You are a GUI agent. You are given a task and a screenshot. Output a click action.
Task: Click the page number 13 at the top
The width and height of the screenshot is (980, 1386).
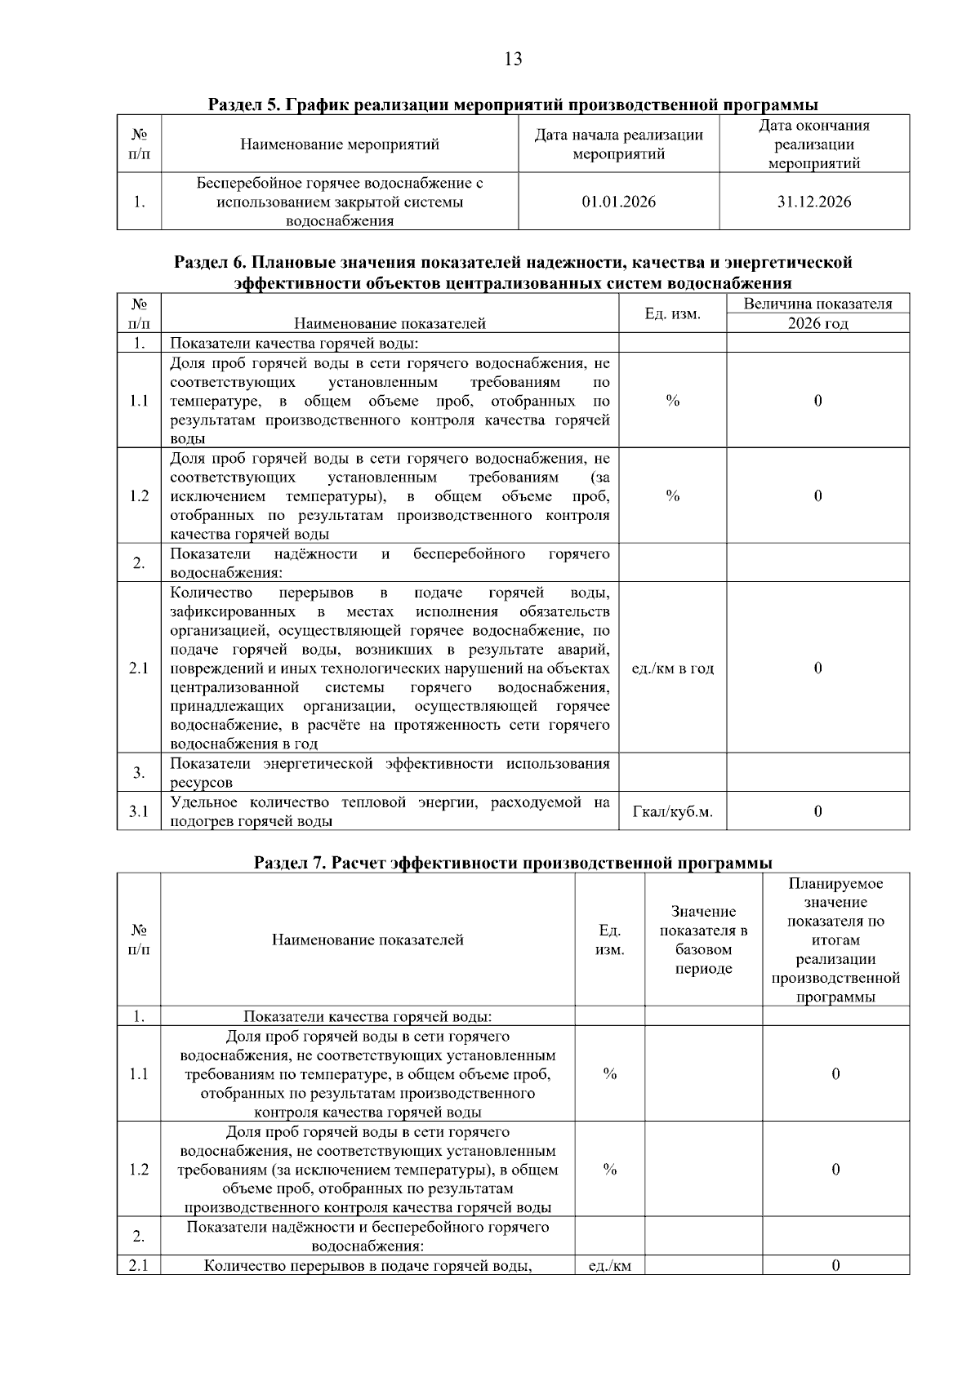[514, 59]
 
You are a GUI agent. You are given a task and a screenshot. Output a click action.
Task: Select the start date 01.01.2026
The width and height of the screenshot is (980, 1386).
[618, 202]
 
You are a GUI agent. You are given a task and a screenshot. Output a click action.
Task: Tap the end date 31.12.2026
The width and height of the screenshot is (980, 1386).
[813, 202]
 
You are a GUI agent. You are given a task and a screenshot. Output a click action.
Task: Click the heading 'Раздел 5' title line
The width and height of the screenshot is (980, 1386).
[513, 104]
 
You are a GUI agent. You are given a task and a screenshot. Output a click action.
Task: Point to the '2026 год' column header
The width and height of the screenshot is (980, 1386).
[817, 323]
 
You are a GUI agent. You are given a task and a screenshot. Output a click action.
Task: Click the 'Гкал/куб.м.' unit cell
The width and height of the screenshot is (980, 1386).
[672, 811]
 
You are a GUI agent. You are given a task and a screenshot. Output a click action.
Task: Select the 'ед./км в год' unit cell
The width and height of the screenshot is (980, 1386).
[672, 668]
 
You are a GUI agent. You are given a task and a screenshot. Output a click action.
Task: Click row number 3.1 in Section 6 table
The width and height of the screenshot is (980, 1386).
[139, 811]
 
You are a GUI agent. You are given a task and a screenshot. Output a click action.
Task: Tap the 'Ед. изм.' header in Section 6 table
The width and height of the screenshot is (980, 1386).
[672, 313]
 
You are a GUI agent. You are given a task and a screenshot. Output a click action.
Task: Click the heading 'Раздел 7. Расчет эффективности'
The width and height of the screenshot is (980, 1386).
[513, 863]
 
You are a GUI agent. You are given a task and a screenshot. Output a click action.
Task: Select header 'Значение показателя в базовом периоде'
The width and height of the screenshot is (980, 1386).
[703, 940]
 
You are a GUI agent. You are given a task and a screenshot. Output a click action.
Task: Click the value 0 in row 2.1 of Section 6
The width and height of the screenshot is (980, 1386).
[817, 668]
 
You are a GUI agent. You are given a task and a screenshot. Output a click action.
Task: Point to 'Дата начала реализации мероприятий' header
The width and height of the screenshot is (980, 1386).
[618, 144]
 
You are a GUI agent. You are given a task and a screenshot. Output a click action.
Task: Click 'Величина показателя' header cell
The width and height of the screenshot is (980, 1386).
[817, 304]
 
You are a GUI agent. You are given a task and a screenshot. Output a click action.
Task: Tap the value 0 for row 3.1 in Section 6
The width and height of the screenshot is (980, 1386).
[817, 811]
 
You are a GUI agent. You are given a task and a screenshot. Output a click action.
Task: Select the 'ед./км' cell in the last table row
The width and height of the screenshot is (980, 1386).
[609, 1266]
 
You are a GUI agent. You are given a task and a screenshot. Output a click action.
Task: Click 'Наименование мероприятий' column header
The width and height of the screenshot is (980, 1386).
[340, 144]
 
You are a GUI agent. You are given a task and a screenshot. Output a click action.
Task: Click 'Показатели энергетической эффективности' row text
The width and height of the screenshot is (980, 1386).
[390, 772]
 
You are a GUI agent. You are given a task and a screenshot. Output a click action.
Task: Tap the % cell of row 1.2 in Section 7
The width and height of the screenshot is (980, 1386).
[609, 1170]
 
